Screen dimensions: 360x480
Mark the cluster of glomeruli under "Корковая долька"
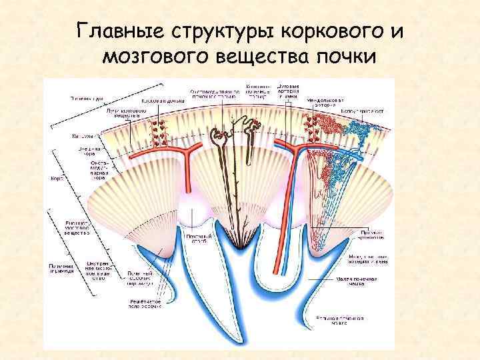(x=159, y=131)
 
